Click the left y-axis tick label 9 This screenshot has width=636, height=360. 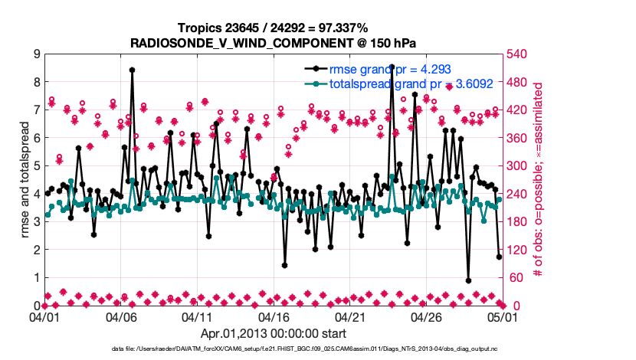point(36,54)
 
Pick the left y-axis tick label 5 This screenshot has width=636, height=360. point(36,165)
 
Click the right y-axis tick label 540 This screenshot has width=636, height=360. point(519,54)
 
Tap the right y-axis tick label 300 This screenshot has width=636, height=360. point(519,165)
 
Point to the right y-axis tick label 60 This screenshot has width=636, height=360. point(516,277)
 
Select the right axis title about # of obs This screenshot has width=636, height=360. point(539,179)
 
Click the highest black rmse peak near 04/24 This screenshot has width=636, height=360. point(392,67)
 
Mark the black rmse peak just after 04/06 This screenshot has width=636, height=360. point(132,70)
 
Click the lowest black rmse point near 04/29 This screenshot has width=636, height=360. point(468,280)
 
